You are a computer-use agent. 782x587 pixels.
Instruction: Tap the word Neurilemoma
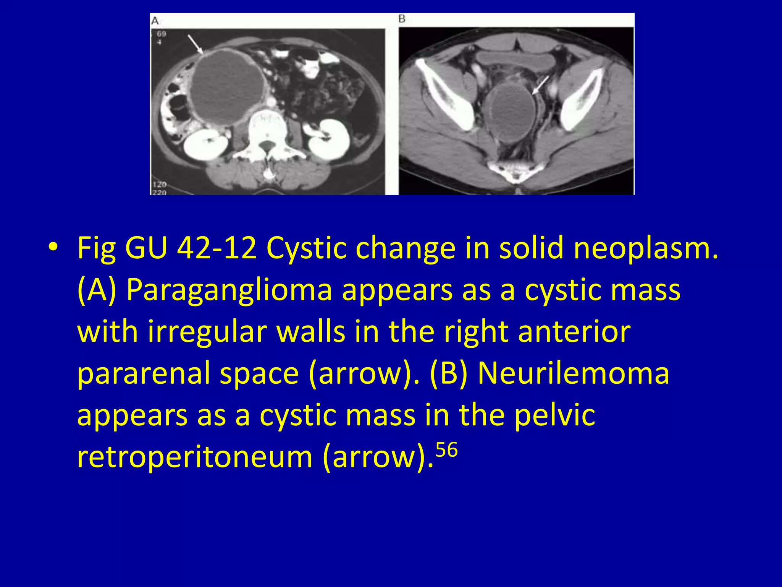574,373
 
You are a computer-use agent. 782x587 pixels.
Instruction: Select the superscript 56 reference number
446,450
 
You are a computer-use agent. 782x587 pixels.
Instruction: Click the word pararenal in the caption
144,373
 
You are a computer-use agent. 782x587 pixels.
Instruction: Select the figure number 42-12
217,248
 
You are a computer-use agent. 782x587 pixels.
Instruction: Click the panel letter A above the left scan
155,21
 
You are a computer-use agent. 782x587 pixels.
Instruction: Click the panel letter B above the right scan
402,19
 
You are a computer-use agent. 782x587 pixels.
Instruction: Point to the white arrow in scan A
195,44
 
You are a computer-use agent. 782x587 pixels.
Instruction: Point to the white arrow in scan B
540,85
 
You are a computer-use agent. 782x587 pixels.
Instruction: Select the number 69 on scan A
162,34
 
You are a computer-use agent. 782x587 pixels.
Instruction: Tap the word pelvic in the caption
554,415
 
